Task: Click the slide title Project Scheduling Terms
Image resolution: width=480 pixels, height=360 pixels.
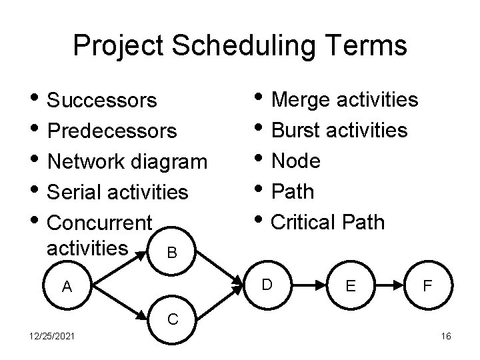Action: [x=239, y=46]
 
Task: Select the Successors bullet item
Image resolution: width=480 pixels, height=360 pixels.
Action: [x=103, y=101]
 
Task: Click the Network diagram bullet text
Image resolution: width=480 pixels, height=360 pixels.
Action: [x=128, y=162]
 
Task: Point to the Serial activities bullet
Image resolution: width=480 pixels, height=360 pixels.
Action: [x=119, y=193]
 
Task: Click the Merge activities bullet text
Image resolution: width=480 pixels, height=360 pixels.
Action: [x=345, y=100]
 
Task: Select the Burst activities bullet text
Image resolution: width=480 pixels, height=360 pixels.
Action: [x=340, y=130]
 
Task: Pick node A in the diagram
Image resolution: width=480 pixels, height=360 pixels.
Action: [x=67, y=287]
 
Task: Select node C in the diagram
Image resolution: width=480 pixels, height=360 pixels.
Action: [x=171, y=319]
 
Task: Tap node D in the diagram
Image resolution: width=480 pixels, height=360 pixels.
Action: [x=266, y=285]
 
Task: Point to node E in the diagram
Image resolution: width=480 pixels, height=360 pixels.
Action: [x=350, y=287]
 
